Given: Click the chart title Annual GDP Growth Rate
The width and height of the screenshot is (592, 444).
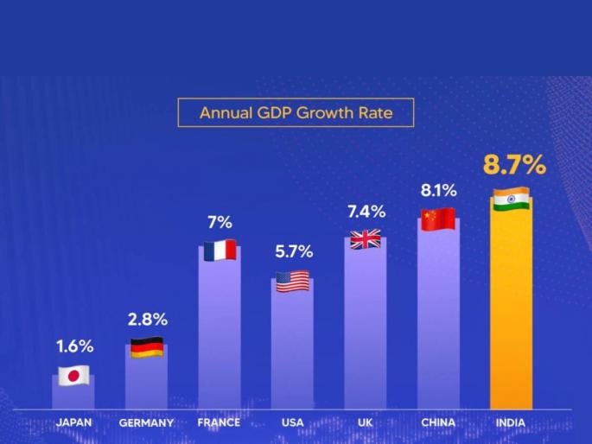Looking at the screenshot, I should pyautogui.click(x=295, y=112).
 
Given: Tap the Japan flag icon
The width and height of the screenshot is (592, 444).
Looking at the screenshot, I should pyautogui.click(x=73, y=376).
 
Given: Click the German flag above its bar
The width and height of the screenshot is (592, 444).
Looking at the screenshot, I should pyautogui.click(x=146, y=347).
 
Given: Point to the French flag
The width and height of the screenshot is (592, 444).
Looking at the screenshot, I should pyautogui.click(x=220, y=251).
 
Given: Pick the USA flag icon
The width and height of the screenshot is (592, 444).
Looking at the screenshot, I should pyautogui.click(x=292, y=282).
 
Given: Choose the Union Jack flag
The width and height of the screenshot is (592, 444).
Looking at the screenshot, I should pyautogui.click(x=365, y=240).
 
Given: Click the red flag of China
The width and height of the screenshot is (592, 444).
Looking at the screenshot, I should pyautogui.click(x=438, y=219).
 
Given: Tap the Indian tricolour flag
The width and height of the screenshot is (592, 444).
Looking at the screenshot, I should pyautogui.click(x=511, y=200).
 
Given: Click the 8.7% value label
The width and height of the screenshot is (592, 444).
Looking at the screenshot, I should pyautogui.click(x=514, y=164).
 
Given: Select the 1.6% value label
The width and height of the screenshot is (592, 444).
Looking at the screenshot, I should pyautogui.click(x=74, y=346).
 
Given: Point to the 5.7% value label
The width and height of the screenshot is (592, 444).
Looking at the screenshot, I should pyautogui.click(x=293, y=252).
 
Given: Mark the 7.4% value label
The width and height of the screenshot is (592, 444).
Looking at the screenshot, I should pyautogui.click(x=366, y=212).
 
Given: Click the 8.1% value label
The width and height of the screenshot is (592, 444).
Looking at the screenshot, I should pyautogui.click(x=438, y=190).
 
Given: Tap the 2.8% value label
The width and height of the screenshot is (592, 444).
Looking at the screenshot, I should pyautogui.click(x=147, y=320).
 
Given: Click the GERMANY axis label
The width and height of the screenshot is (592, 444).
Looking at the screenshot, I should pyautogui.click(x=146, y=423).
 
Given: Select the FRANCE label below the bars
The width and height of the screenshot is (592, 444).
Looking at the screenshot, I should pyautogui.click(x=219, y=422).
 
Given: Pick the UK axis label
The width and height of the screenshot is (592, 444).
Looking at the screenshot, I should pyautogui.click(x=365, y=422).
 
